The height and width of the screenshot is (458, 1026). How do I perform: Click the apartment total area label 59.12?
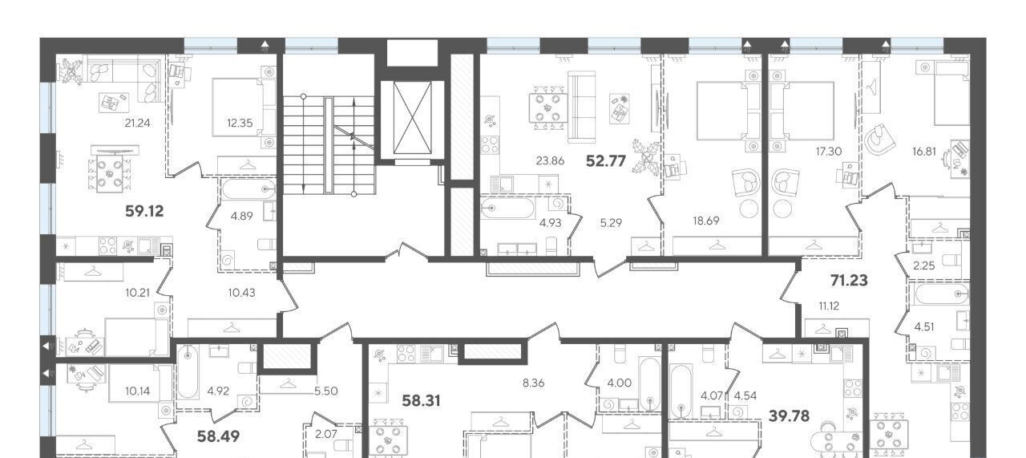click(x=144, y=211)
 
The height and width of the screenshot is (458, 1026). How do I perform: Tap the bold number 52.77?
click(x=606, y=161)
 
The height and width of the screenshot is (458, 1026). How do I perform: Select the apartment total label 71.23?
click(x=849, y=280)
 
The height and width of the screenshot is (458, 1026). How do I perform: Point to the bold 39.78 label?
click(x=790, y=416)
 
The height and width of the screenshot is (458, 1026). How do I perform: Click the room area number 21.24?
click(x=137, y=123)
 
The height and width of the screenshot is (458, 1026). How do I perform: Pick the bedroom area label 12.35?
click(x=240, y=123)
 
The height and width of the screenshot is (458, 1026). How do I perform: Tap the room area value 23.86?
click(x=550, y=161)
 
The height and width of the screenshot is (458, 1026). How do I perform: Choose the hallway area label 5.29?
click(x=611, y=223)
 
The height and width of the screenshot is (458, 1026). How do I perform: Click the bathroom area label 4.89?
click(x=242, y=216)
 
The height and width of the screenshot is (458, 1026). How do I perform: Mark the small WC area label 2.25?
click(x=924, y=266)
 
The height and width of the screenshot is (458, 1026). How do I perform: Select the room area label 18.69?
click(x=706, y=221)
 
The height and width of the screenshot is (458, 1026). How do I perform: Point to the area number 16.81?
click(x=924, y=152)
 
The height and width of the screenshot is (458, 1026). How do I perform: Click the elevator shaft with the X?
click(x=412, y=118)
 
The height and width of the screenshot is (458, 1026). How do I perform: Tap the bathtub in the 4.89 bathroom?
click(x=248, y=188)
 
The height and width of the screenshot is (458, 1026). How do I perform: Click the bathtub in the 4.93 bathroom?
click(x=508, y=208)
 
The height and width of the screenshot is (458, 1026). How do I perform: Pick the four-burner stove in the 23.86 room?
click(x=490, y=145)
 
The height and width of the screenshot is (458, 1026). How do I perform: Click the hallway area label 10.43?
click(x=242, y=293)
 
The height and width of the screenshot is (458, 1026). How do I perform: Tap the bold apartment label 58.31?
click(x=421, y=401)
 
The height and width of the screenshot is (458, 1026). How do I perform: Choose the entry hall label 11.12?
click(x=829, y=306)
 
